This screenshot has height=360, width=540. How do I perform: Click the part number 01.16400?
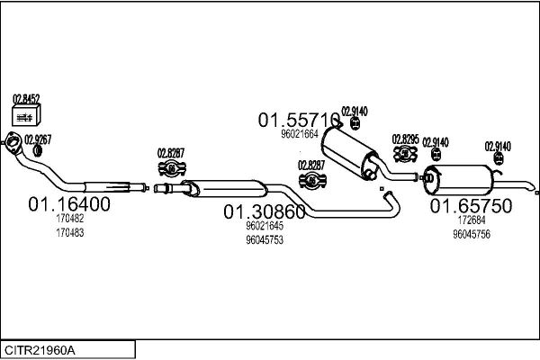[x=69, y=204]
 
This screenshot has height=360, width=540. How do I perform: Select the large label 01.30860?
[x=265, y=211]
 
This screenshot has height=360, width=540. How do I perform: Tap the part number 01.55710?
[x=299, y=120]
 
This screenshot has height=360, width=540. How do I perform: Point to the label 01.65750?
[x=471, y=206]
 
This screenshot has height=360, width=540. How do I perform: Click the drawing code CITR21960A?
[x=40, y=351]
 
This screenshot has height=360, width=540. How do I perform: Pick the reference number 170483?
[x=70, y=233]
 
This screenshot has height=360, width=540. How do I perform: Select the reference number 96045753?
[x=265, y=239]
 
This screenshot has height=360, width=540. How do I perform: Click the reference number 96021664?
[x=300, y=134]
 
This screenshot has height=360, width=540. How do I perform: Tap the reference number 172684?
[x=472, y=220]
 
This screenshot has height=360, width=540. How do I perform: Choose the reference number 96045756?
[x=472, y=234]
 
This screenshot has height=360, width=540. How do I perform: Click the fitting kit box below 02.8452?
[x=26, y=114]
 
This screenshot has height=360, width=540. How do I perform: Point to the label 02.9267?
[x=38, y=139]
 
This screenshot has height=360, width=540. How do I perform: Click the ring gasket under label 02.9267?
[x=38, y=150]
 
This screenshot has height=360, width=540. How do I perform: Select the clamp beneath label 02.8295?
[x=405, y=154]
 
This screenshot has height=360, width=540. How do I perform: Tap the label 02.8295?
[x=406, y=139]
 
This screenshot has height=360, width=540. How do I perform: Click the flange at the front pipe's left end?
[x=13, y=142]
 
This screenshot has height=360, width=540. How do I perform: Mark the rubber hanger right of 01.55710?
[x=355, y=123]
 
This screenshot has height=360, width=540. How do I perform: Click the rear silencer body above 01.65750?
[x=458, y=180]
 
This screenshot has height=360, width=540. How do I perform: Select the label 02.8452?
[x=26, y=99]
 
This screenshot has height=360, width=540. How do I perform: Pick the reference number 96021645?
[x=265, y=226]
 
